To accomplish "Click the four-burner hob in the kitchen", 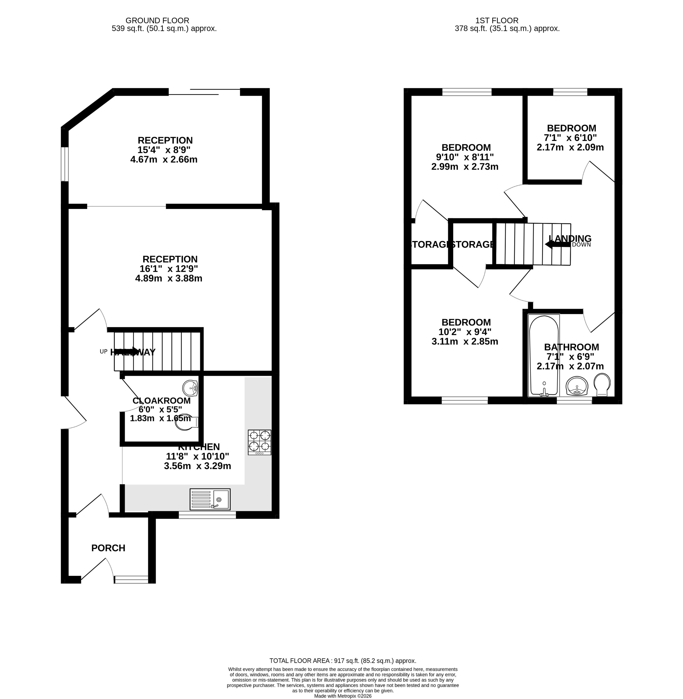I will [259, 442].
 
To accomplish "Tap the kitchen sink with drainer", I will [210, 499].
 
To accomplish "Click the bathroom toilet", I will [602, 385].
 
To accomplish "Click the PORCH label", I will [108, 548].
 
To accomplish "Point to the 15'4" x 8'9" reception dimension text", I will [164, 150].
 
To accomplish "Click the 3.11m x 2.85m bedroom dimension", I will [465, 341].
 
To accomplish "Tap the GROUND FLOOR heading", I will [157, 21].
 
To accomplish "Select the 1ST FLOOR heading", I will [497, 21].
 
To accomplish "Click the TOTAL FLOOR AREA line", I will [342, 661].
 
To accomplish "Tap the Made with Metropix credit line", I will [342, 696].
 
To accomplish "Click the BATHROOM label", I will [571, 347].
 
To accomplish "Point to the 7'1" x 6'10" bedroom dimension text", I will [570, 138].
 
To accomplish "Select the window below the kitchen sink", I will [207, 515].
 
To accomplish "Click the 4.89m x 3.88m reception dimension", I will [168, 278].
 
